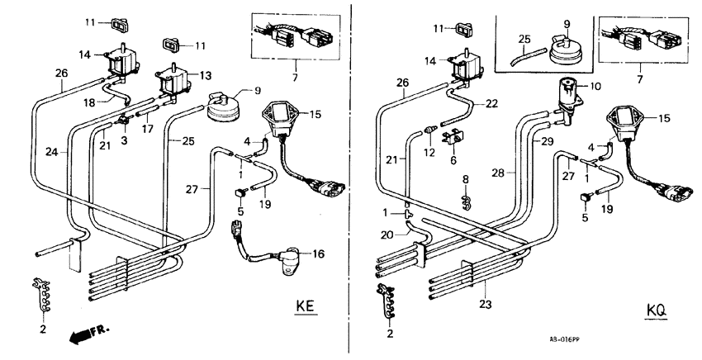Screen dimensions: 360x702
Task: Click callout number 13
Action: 206,73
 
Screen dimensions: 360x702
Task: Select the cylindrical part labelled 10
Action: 569,93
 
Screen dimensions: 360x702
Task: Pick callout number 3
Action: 124,140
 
